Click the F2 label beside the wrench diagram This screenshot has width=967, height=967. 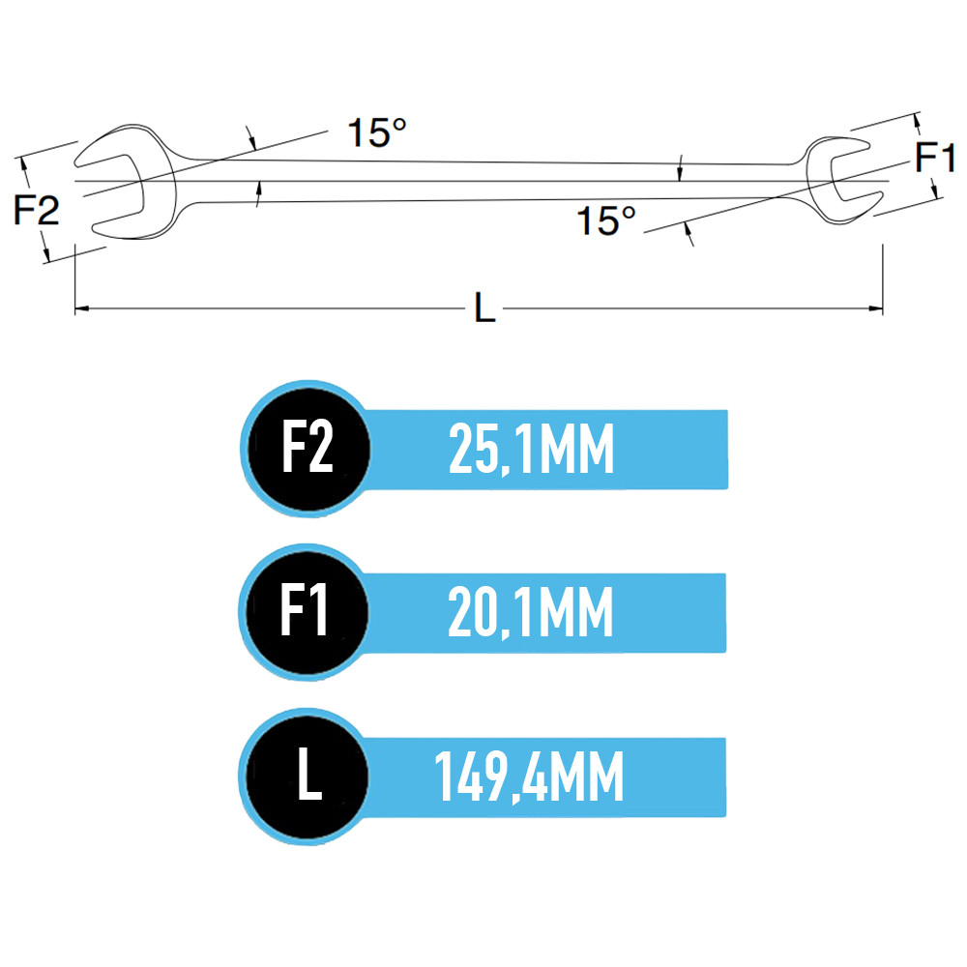37,210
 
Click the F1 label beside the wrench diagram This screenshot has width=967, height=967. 935,157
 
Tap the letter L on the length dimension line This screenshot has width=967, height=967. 484,308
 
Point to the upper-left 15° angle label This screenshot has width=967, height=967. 377,132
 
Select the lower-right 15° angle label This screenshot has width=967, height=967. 605,220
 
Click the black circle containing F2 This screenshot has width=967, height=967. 308,449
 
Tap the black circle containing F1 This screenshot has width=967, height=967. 307,612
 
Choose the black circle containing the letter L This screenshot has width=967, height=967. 307,776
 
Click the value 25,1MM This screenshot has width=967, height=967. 531,450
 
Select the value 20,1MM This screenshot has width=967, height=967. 530,612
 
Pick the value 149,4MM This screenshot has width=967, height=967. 529,777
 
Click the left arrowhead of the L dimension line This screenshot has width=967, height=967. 81,308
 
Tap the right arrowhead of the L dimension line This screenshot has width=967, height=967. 876,308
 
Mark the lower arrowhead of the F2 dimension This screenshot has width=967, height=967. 45,253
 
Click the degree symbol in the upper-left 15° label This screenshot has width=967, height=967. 399,125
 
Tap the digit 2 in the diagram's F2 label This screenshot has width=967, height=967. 47,210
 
